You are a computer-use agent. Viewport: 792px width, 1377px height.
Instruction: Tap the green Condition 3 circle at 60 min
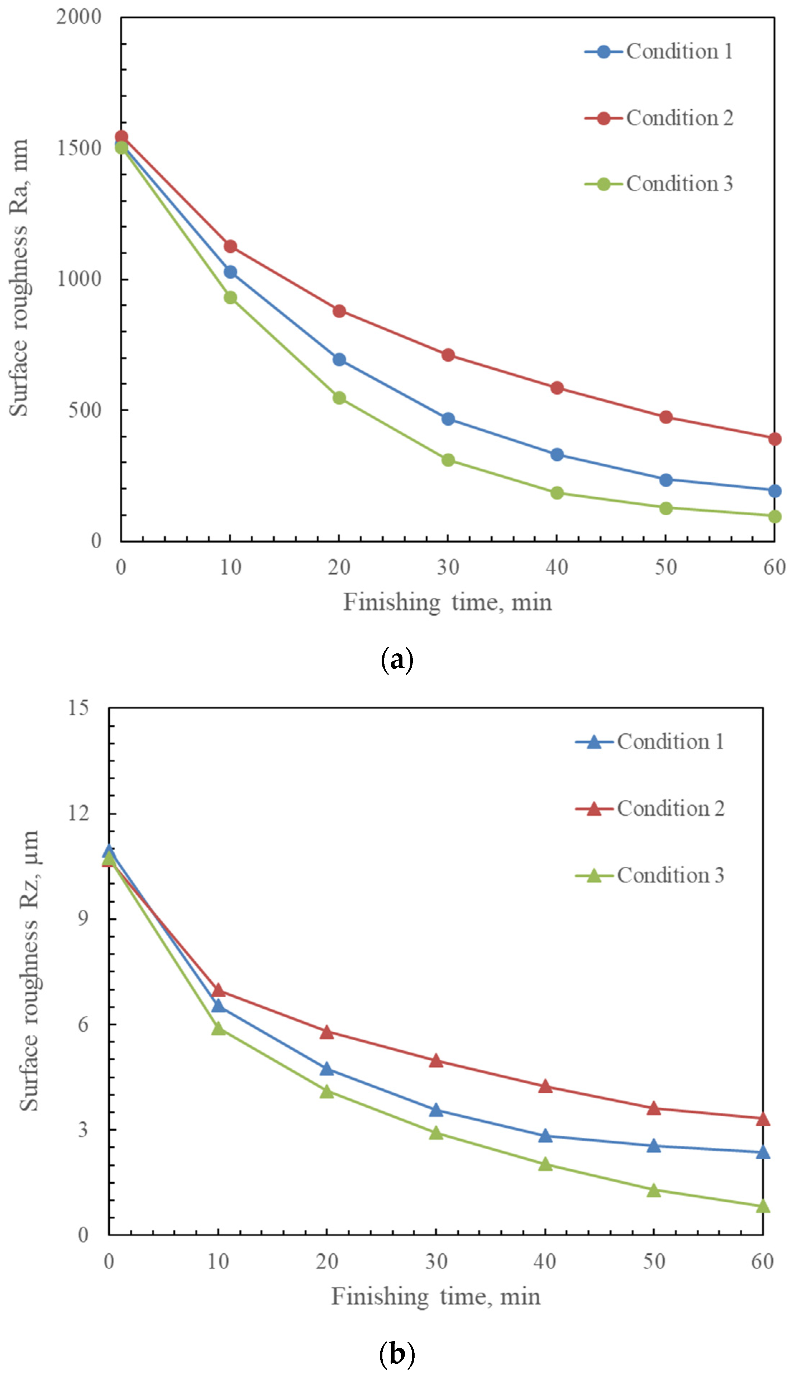coord(774,516)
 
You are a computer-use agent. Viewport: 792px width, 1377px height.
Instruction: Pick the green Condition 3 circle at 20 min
coord(339,398)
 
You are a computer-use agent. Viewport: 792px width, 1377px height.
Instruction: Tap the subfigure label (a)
coord(397,660)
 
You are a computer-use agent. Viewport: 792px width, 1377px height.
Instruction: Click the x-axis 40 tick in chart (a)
coord(557,568)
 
